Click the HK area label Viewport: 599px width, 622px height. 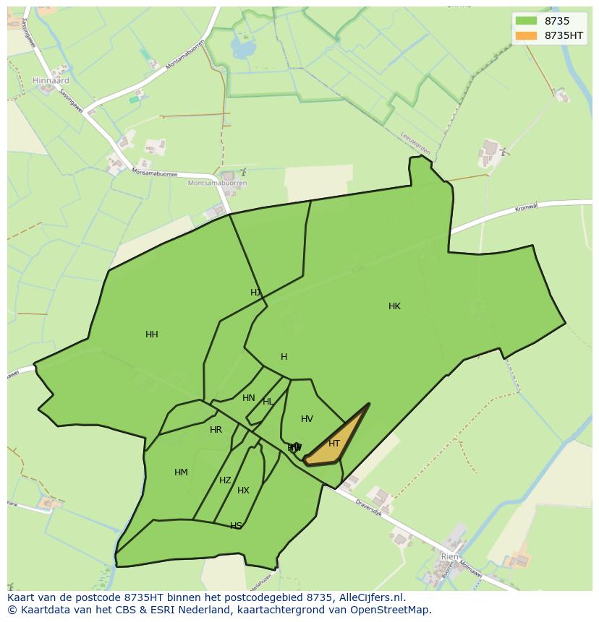[x=394, y=306]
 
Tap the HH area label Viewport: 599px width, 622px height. [x=152, y=334]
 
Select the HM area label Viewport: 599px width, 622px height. [x=181, y=472]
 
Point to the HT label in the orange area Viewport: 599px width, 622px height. [x=334, y=444]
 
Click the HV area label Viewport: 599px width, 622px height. [x=307, y=419]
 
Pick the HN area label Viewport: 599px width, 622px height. [x=249, y=398]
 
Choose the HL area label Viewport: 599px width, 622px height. [x=268, y=402]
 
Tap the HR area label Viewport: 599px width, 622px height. [x=216, y=430]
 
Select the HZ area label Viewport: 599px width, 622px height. [x=225, y=480]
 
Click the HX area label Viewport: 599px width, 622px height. [x=243, y=491]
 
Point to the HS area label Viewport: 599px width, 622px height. [x=236, y=525]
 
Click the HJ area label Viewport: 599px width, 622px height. [x=255, y=293]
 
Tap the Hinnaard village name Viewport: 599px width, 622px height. [x=51, y=81]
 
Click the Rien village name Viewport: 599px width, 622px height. [x=449, y=557]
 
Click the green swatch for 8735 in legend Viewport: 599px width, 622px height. [x=526, y=21]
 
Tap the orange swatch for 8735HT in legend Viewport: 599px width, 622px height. [x=526, y=35]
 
